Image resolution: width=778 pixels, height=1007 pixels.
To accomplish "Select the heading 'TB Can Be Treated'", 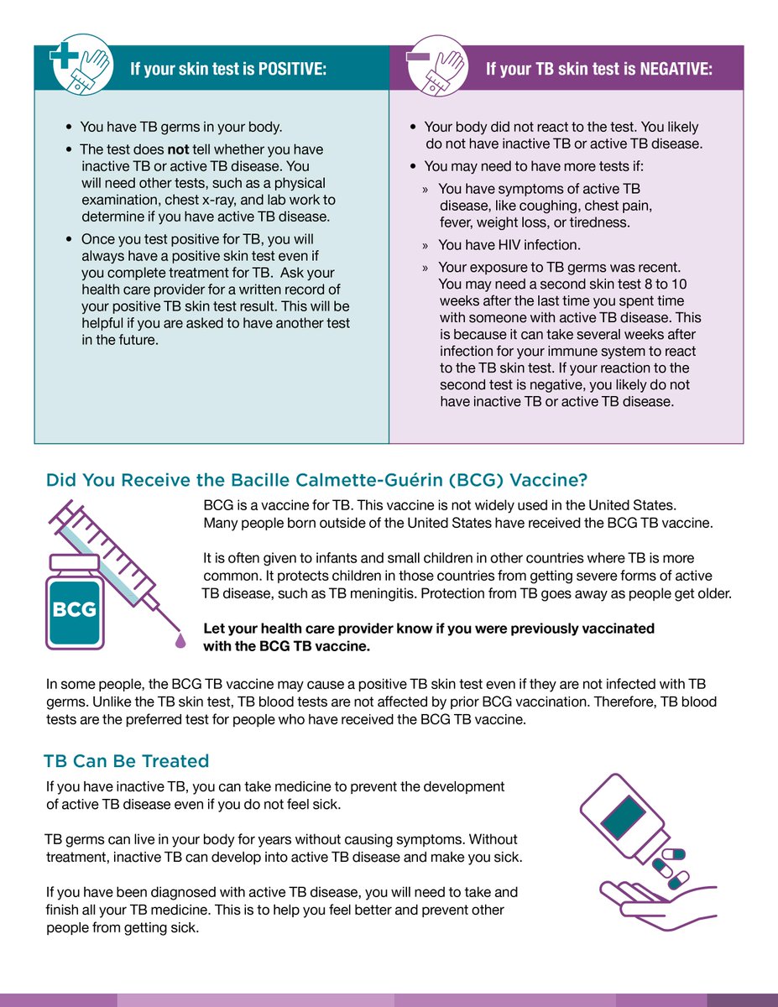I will pos(126,761).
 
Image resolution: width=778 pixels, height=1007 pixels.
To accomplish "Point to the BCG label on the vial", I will pos(75,608).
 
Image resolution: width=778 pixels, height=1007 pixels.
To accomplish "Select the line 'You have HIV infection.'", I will pos(509,245).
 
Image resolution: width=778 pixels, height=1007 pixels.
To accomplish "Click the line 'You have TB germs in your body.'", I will pos(180,128).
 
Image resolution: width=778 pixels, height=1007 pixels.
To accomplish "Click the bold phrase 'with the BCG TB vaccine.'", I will pos(286,646).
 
